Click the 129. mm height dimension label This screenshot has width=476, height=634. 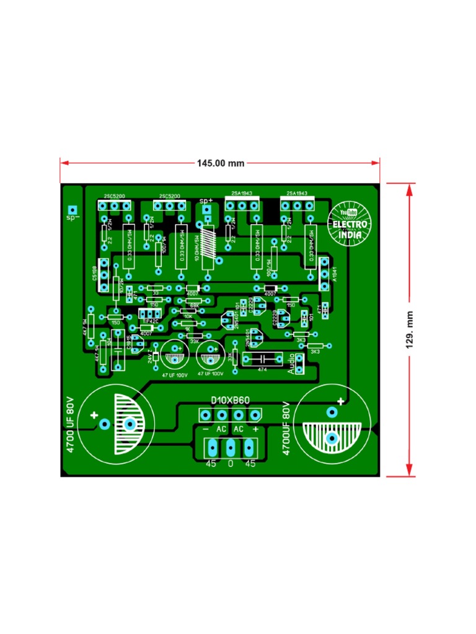click(410, 329)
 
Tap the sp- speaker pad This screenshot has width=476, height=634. click(73, 210)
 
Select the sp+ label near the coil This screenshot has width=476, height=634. click(206, 201)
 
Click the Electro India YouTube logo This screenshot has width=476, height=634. click(350, 224)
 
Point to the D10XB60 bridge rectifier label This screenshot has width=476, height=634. click(230, 401)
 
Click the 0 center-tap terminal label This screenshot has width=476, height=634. click(231, 463)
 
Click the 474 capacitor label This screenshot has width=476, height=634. click(263, 369)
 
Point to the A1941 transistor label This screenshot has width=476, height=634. click(334, 274)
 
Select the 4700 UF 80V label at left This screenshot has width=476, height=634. click(70, 424)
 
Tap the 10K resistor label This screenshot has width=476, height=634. click(188, 317)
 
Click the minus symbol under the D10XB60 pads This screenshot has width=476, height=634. click(206, 428)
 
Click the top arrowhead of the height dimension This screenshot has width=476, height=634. click(409, 188)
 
